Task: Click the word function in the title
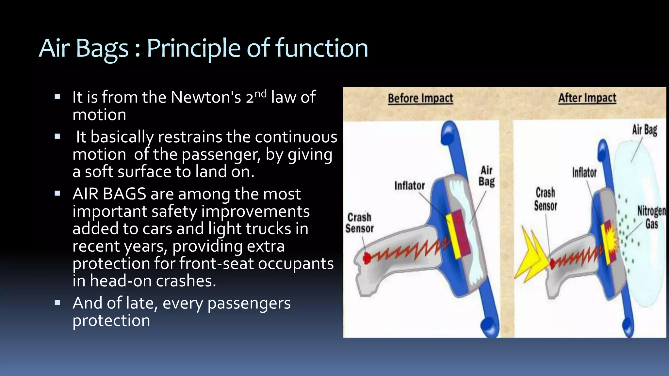coord(322,48)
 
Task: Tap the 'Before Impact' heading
coord(420,98)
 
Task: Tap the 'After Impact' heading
coord(587,98)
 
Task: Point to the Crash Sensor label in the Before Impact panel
coord(359,223)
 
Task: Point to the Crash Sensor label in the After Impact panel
coord(545,199)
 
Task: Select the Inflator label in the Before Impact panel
coord(409,186)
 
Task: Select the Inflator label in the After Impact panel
coord(584,172)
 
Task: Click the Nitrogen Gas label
coord(651,217)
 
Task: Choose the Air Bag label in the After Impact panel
coord(644,130)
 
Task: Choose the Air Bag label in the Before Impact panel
coord(486,176)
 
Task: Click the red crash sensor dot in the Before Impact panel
coord(367,258)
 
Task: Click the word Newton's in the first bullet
coord(206,97)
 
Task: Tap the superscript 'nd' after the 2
coord(260,94)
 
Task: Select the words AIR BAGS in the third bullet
coord(109,194)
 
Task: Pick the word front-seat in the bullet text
coord(217,263)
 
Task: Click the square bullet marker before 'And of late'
coord(57,303)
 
